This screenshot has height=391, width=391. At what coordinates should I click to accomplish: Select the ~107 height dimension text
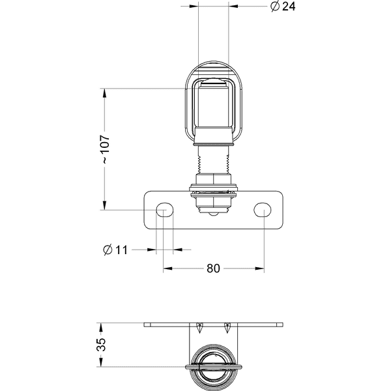pyautogui.click(x=106, y=151)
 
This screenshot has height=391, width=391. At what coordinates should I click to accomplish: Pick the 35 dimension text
pyautogui.click(x=101, y=345)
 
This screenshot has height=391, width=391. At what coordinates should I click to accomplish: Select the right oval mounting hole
pyautogui.click(x=263, y=210)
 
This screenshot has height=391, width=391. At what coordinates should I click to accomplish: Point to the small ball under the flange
pyautogui.click(x=213, y=214)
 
